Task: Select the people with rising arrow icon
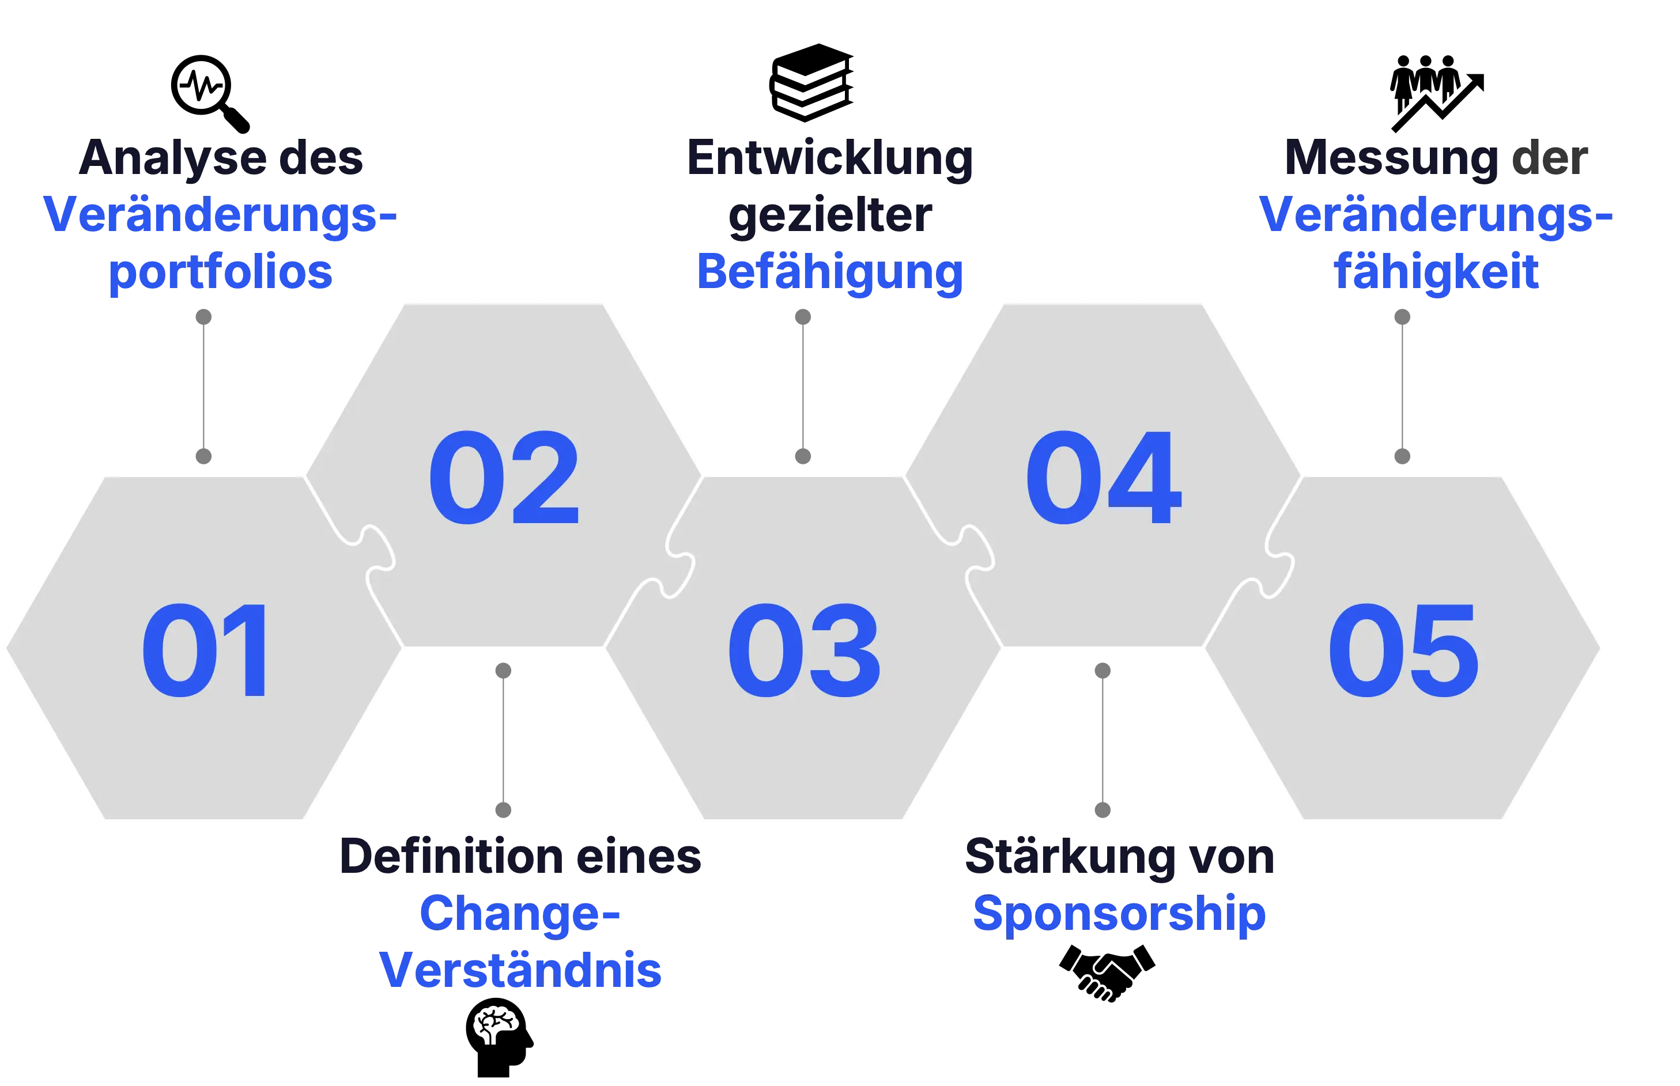pyautogui.click(x=1437, y=93)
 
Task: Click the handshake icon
pyautogui.click(x=1107, y=973)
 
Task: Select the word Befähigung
pyautogui.click(x=829, y=272)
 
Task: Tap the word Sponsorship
pyautogui.click(x=1119, y=914)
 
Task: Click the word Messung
pyautogui.click(x=1391, y=158)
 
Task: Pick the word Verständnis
pyautogui.click(x=520, y=970)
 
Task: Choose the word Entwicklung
pyautogui.click(x=829, y=158)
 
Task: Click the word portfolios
pyautogui.click(x=220, y=272)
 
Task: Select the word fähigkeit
pyautogui.click(x=1436, y=272)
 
